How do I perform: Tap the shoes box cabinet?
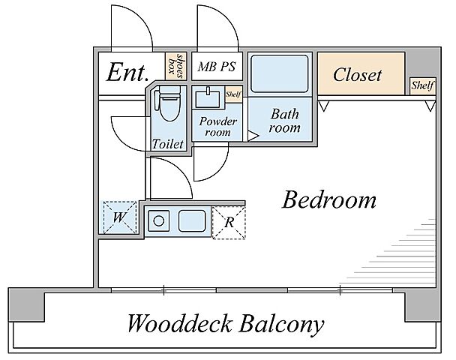[175, 66]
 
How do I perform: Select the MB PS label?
[217, 67]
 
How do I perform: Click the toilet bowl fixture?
[168, 103]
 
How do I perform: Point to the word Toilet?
[168, 144]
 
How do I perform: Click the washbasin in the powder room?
[208, 98]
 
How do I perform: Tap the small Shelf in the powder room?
[233, 94]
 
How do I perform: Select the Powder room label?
[217, 127]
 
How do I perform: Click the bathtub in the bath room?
[280, 73]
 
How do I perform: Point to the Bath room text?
[284, 121]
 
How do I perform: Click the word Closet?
[357, 75]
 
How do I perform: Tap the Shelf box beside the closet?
[422, 85]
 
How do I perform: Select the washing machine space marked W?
[120, 217]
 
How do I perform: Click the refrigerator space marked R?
[229, 223]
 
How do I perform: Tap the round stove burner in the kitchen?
[158, 221]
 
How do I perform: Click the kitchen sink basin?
[192, 221]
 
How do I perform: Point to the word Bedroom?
[329, 199]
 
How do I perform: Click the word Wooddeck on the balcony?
[180, 323]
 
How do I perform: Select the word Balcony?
[281, 324]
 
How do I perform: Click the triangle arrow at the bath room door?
[253, 136]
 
